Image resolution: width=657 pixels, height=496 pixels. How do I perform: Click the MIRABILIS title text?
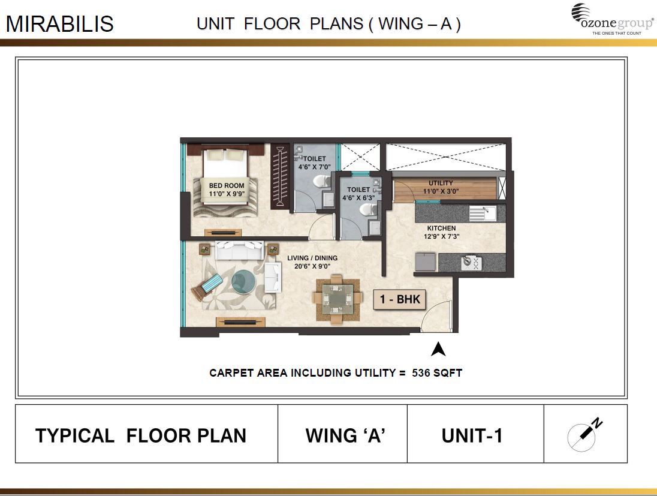59,24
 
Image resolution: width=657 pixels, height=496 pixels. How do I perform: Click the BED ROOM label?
227,186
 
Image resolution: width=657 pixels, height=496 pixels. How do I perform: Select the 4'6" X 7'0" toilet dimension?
314,167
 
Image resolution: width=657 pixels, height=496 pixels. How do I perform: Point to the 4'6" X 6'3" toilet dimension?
359,197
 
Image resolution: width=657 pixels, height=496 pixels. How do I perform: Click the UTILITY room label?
441,183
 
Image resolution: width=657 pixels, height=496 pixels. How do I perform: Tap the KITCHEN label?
441,229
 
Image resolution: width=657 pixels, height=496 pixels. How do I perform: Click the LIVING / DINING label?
312,258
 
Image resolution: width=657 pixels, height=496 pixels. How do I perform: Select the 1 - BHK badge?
400,299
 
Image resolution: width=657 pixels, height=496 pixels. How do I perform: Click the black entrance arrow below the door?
438,348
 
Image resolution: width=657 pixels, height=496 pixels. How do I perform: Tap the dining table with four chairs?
337,298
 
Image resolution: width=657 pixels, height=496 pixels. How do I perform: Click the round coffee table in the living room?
243,281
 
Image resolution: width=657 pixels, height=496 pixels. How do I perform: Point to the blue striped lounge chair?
207,285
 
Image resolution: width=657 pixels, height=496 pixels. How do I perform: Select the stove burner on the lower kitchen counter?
468,263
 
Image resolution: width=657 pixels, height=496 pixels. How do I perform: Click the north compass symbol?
584,434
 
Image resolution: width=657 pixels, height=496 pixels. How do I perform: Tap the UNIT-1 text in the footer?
472,435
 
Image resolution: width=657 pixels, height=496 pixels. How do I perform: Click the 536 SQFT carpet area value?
437,372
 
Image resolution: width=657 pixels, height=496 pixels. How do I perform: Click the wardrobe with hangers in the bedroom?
278,177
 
